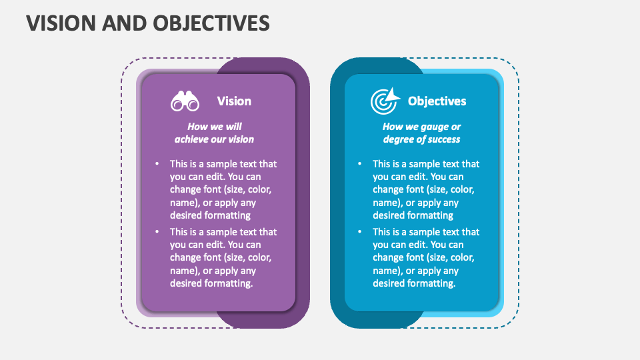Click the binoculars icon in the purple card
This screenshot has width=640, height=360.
(185, 101)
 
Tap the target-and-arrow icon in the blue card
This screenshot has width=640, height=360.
(385, 100)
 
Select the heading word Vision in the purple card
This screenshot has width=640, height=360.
(234, 101)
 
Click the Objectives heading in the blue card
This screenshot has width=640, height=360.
(437, 101)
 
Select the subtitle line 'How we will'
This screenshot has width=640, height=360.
(214, 127)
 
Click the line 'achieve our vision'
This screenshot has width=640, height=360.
(214, 139)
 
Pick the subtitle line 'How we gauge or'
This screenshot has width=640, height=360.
(421, 127)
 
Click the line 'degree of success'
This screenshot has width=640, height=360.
(421, 139)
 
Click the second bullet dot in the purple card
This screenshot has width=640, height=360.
(157, 232)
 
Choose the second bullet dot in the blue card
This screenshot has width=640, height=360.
(359, 232)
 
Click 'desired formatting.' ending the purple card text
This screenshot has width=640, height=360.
(211, 283)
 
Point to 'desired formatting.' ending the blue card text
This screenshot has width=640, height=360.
(414, 283)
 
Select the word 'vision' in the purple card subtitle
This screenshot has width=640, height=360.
(241, 139)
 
